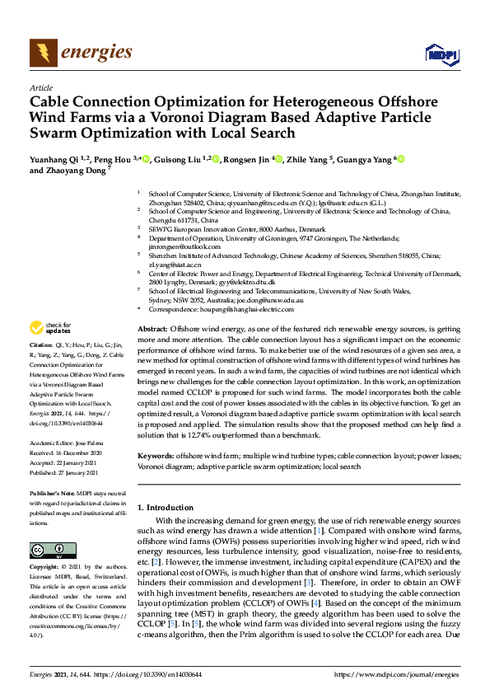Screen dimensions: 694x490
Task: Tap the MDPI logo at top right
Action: (x=441, y=54)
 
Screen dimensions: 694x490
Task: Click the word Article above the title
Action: (x=40, y=88)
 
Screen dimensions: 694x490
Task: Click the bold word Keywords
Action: (x=155, y=455)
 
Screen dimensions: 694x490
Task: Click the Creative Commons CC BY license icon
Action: (x=47, y=550)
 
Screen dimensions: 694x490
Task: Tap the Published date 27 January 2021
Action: (x=76, y=473)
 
